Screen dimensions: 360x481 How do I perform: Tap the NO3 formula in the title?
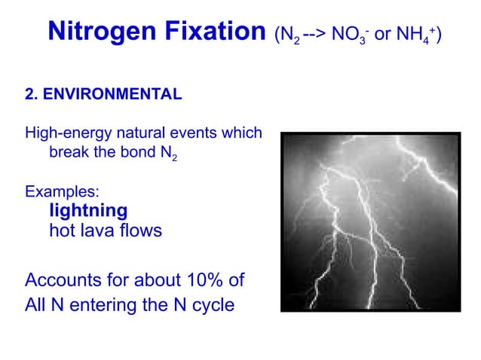click(348, 35)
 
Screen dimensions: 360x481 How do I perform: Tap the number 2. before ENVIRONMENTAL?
click(31, 95)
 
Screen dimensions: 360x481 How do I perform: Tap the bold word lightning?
click(87, 211)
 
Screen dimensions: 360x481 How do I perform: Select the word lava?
click(100, 230)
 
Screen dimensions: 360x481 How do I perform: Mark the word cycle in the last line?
click(213, 305)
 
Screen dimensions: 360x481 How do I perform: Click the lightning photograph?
click(369, 221)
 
